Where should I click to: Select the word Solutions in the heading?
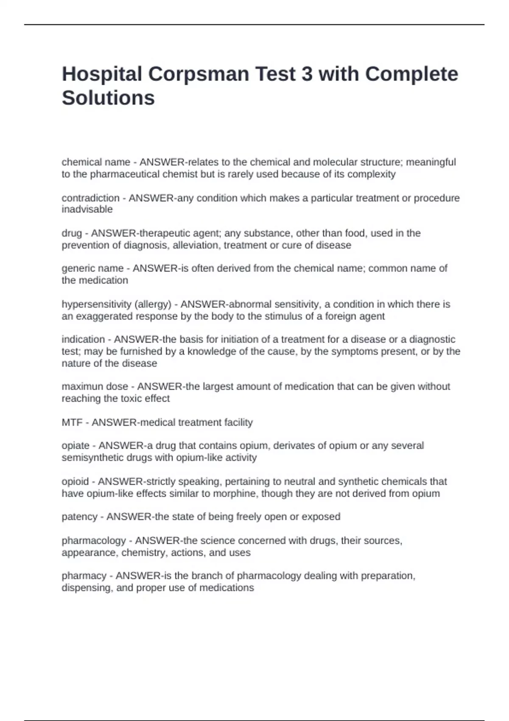tap(108, 98)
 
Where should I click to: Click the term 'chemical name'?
tap(96, 162)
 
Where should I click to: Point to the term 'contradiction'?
tap(90, 198)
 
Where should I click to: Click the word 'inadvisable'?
tap(87, 210)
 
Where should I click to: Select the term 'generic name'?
tap(92, 268)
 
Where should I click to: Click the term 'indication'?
tap(83, 339)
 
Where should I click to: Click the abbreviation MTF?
tap(72, 422)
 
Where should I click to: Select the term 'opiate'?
tap(76, 446)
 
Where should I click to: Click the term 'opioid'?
tap(75, 482)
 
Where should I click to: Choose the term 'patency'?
tap(79, 517)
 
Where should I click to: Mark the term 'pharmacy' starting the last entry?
tap(84, 576)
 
